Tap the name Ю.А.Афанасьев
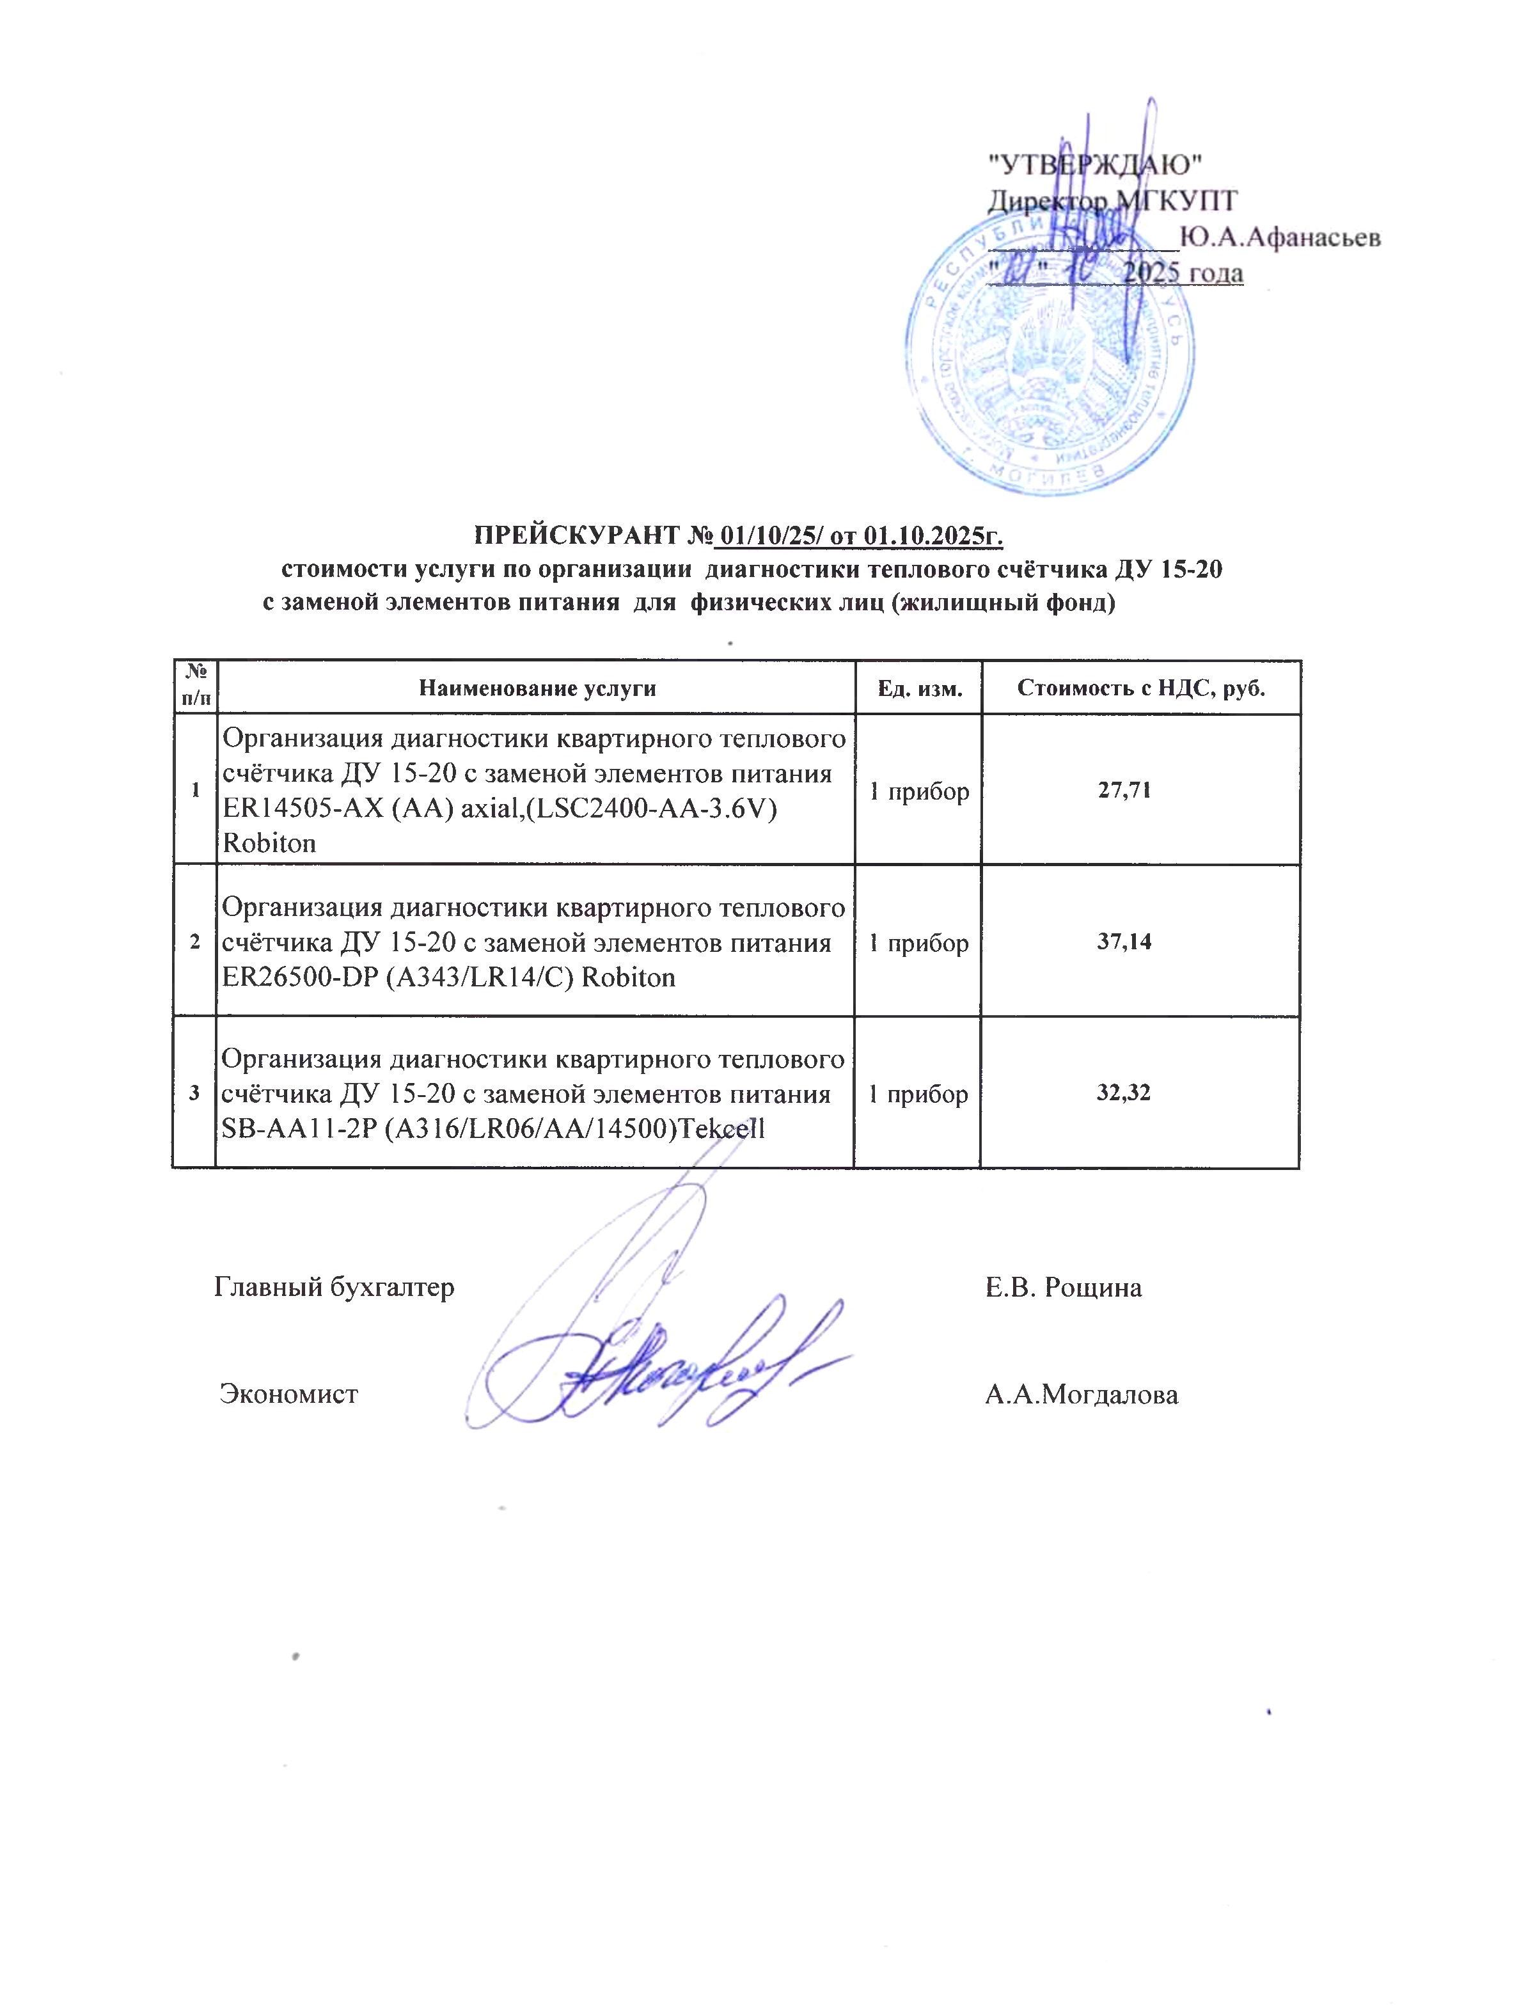(1279, 237)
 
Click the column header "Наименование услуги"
(537, 688)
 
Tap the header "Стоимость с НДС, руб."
(1140, 688)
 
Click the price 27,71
(1124, 789)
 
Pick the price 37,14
(1124, 941)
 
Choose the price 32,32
(1123, 1092)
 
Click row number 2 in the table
(194, 941)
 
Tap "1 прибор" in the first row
(918, 791)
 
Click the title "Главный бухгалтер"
(333, 1288)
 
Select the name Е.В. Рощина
(1062, 1288)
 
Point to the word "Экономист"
(288, 1395)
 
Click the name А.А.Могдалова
(1081, 1395)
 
